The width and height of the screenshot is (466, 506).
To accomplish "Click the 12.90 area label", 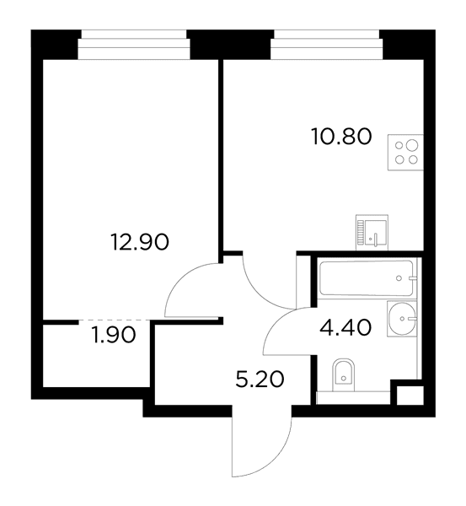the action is [139, 242].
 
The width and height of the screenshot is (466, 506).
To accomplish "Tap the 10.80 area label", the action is [341, 136].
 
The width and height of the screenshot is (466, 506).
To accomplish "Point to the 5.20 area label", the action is [260, 379].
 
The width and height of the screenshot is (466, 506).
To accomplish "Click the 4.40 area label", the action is [345, 327].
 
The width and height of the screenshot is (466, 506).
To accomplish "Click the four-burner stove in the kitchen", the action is [405, 153].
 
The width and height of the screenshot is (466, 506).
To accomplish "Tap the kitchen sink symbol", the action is [372, 233].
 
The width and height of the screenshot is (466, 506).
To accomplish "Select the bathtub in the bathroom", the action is [366, 278].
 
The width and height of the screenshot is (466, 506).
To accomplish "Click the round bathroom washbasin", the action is [401, 319].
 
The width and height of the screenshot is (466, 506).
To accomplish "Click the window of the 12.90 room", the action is [134, 45].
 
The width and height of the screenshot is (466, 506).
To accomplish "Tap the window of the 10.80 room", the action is [327, 45].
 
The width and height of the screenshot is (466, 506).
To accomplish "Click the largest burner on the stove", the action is [411, 146].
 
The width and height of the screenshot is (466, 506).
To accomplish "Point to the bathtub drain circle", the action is [399, 278].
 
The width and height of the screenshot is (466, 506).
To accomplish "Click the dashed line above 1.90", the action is [115, 320].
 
